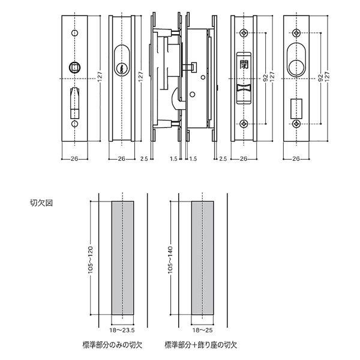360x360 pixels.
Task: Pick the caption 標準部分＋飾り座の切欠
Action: point(201,346)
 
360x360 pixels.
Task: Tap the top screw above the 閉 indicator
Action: point(244,32)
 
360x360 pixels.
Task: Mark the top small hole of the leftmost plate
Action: point(76,32)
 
